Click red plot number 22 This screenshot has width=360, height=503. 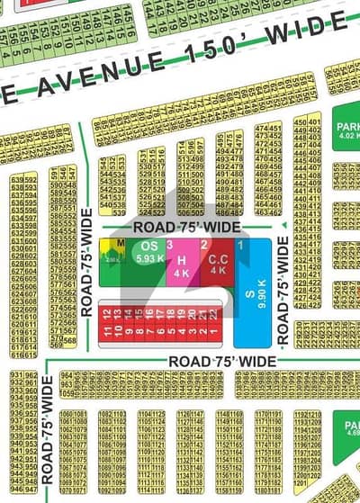212,316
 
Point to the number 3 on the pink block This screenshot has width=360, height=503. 170,244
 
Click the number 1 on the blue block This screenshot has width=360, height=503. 240,244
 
